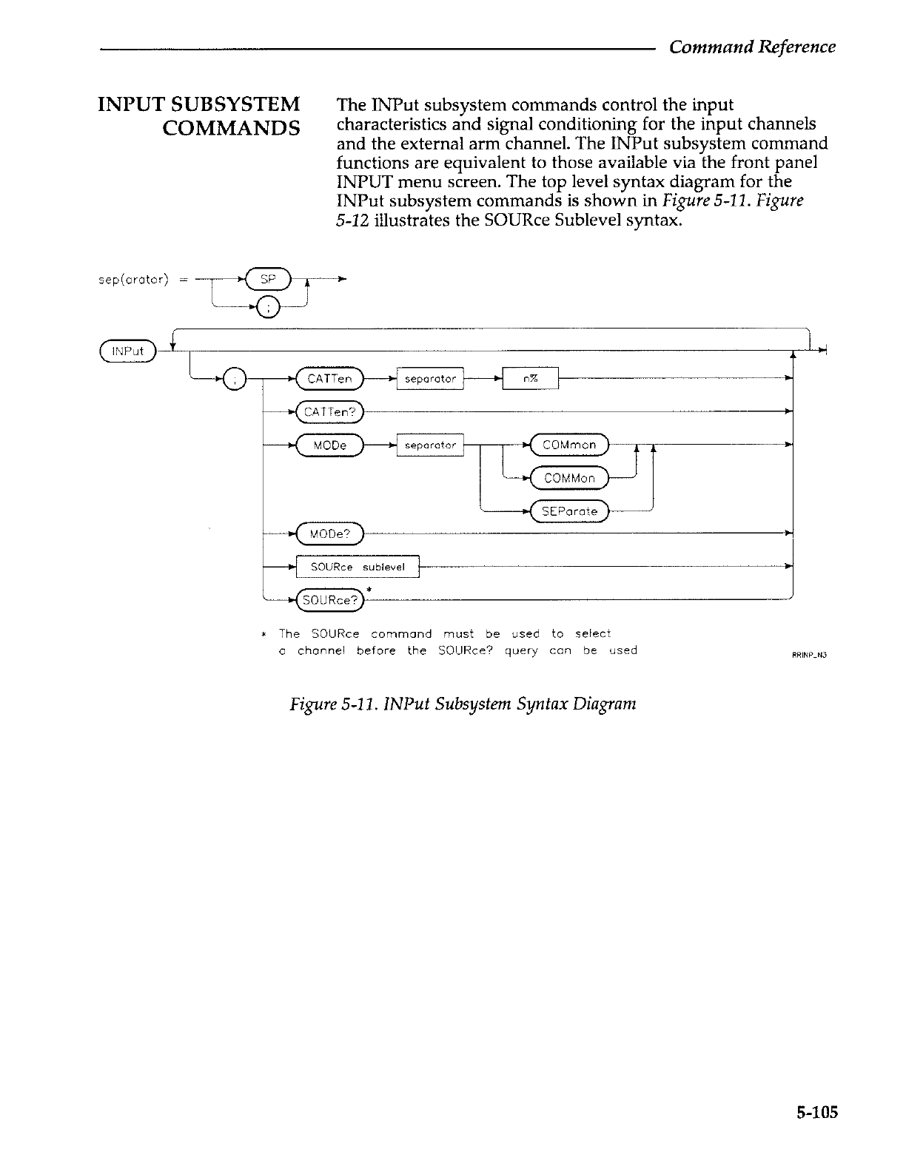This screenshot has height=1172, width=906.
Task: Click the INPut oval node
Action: pos(127,351)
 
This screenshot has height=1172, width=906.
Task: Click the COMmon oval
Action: pos(568,445)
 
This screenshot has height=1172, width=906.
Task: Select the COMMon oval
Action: pos(568,478)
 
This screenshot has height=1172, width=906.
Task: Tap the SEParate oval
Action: pos(568,511)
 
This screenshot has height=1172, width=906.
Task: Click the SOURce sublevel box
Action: pos(358,567)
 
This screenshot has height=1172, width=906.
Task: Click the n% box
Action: pos(530,380)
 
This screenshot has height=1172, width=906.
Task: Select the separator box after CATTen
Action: pos(430,380)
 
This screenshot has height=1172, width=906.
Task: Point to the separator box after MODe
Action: pos(430,445)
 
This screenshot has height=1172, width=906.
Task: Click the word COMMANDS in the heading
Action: pos(231,129)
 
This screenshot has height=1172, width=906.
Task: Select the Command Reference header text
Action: pos(752,47)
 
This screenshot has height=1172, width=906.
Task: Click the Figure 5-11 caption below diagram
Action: pos(463,703)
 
